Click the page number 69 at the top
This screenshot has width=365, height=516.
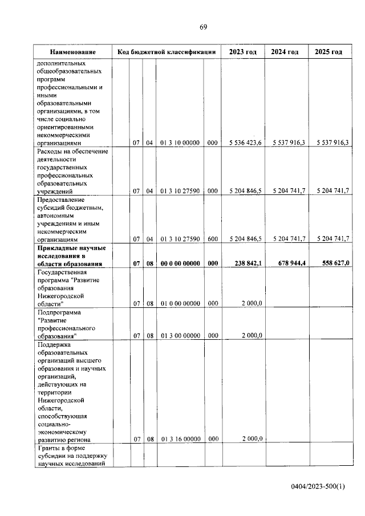[203, 27]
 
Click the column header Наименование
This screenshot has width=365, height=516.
[72, 52]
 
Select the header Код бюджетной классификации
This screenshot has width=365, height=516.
[166, 52]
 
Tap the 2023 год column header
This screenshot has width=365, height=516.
[243, 52]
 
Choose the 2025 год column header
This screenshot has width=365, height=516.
[328, 52]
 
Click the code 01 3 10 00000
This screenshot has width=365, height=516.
[180, 143]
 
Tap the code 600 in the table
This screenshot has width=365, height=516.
[213, 239]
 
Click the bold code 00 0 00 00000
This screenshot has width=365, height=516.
[180, 263]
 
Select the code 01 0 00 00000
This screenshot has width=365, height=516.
[180, 303]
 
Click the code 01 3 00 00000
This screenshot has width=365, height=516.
[180, 335]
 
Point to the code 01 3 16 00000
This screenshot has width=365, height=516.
[180, 439]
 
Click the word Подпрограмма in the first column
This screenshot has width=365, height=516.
[58, 313]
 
